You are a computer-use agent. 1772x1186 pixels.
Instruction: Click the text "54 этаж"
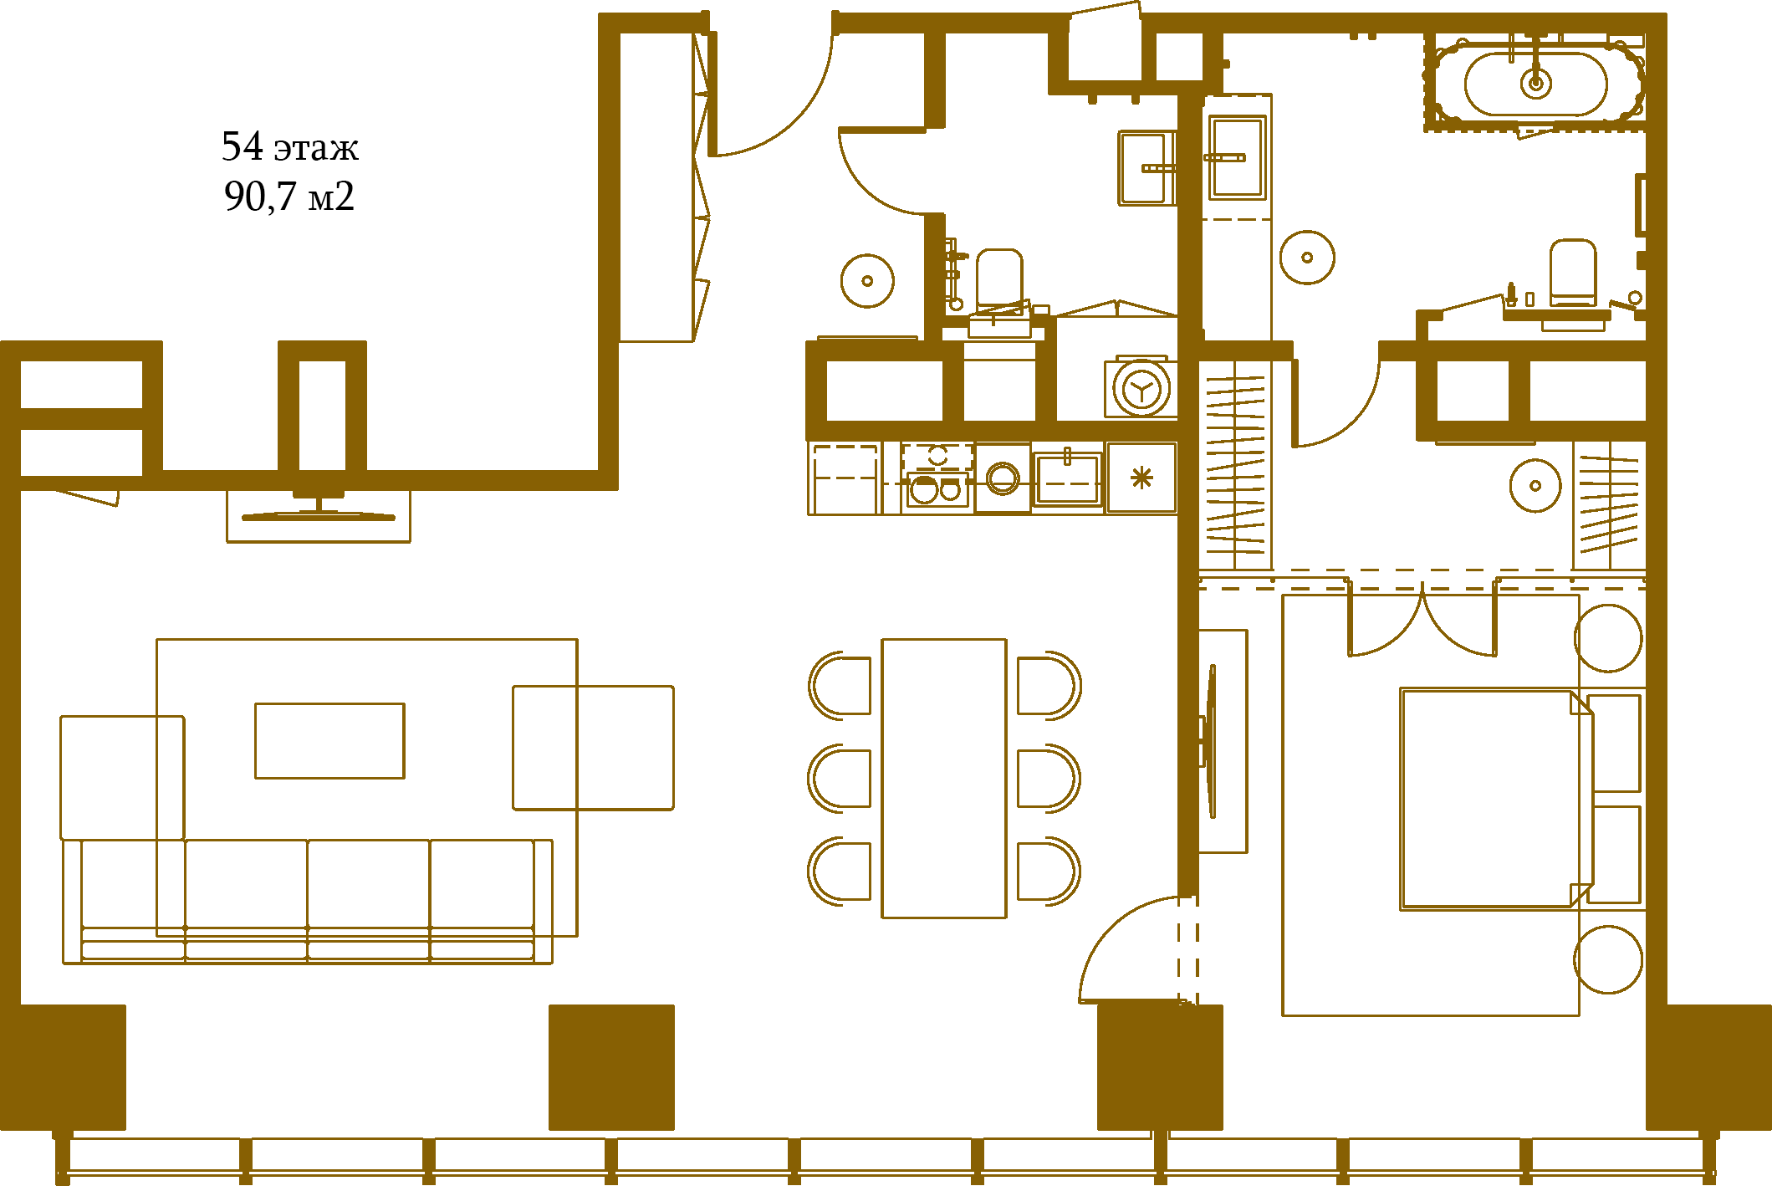click(x=290, y=147)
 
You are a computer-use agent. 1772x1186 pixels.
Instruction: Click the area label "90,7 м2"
click(x=289, y=197)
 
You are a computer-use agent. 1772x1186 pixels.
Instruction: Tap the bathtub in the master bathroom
click(x=1536, y=84)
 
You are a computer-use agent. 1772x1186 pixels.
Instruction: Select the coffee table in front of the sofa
click(x=329, y=740)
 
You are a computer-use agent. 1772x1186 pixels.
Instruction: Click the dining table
click(x=944, y=778)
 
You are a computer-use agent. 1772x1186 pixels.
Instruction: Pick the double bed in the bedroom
click(x=1497, y=799)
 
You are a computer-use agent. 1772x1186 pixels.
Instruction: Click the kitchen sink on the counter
click(x=1067, y=478)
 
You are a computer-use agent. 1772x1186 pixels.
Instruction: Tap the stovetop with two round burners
click(x=937, y=489)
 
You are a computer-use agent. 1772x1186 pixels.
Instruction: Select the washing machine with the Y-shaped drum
click(x=1141, y=388)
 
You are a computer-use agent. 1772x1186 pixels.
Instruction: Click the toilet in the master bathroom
click(x=1572, y=273)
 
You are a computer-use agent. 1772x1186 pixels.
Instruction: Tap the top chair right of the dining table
click(x=1049, y=686)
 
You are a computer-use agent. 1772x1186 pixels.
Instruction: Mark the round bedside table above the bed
click(x=1608, y=638)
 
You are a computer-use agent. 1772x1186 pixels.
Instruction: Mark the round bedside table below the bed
click(x=1608, y=959)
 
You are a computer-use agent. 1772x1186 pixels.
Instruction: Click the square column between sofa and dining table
click(x=611, y=1067)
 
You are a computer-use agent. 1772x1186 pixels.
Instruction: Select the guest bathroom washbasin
click(x=1146, y=168)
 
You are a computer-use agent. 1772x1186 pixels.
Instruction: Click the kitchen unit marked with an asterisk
click(x=1141, y=478)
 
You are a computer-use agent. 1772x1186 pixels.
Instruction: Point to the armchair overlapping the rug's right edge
click(x=593, y=748)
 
